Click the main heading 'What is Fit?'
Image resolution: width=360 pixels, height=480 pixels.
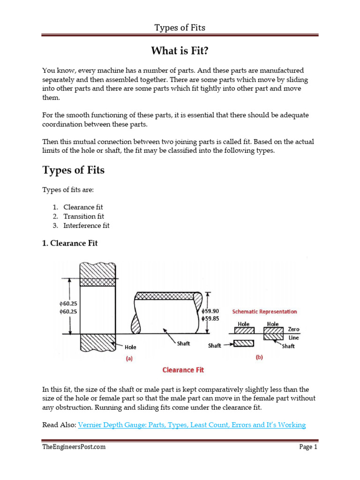point(180,50)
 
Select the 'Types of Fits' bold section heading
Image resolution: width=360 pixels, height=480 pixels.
point(74,170)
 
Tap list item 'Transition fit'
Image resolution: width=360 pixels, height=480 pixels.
point(84,216)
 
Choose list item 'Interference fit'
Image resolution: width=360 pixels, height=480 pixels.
point(86,225)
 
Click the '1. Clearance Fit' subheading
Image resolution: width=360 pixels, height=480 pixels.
point(70,243)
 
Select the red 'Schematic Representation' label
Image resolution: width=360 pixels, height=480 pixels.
point(264,311)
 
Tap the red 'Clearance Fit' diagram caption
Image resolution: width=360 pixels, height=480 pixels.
point(183,370)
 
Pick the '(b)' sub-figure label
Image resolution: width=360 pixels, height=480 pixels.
point(259,357)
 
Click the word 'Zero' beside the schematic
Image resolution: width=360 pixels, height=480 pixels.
point(294,329)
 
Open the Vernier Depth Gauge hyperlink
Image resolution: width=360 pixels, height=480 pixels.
point(192,425)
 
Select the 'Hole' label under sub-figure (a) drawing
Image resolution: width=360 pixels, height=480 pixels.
point(131,347)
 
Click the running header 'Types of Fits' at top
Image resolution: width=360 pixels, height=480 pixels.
point(180,28)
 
